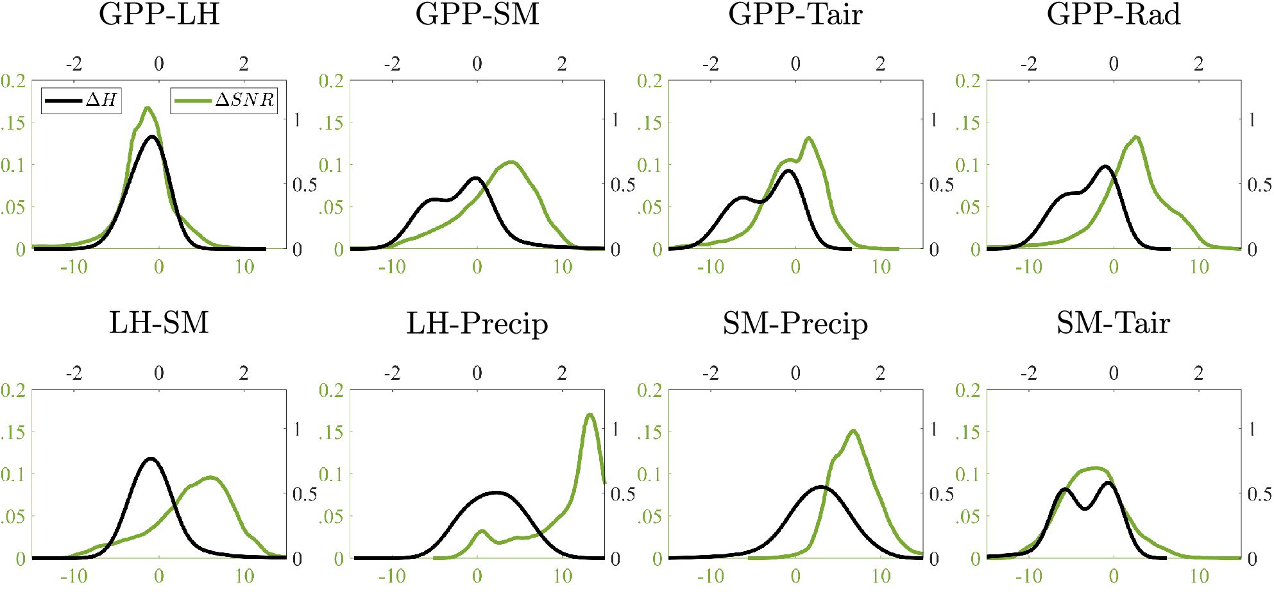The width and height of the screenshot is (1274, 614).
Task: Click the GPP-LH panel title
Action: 159,14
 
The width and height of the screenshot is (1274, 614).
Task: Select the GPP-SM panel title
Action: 477,14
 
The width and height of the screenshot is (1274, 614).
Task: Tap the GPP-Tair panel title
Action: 795,14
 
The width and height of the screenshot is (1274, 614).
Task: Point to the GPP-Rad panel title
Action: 1114,14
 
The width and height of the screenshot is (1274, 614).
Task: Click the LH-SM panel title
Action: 159,323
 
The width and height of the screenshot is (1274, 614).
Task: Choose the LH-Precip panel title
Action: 477,323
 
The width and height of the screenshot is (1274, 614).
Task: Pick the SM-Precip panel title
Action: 795,323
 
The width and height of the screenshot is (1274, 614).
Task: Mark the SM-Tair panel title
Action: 1114,323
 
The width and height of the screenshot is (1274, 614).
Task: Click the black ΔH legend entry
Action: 81,100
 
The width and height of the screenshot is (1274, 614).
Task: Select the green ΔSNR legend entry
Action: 224,100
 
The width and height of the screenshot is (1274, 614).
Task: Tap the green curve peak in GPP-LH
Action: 148,108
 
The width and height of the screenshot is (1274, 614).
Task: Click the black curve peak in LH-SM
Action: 151,458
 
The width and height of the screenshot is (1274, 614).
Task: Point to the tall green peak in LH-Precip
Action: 590,414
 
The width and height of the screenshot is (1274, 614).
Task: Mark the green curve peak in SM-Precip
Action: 853,431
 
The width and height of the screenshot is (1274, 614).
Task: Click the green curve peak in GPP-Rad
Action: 1136,137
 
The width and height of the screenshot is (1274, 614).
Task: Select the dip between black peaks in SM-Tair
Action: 1085,509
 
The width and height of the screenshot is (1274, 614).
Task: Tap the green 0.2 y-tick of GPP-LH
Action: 13,81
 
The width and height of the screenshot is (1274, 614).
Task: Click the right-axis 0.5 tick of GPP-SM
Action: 623,185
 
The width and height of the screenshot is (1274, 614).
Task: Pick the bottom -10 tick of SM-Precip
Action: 710,576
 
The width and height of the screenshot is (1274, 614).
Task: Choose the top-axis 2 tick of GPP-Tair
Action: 880,64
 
